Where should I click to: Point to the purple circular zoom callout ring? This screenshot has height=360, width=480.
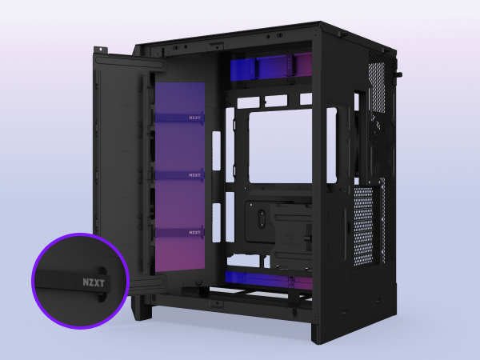(x=79, y=282)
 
